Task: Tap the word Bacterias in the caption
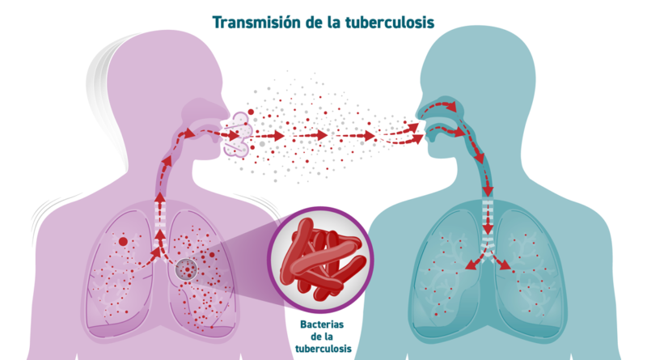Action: [322, 324]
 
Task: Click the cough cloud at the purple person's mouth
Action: [237, 134]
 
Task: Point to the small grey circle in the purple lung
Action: [187, 269]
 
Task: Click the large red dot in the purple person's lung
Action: [123, 242]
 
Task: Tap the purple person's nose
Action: [225, 111]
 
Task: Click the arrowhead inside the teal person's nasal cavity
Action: [452, 107]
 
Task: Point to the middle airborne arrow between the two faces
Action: [311, 134]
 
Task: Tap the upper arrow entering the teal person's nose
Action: [400, 129]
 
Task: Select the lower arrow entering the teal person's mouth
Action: [402, 139]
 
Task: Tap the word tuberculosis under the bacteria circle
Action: [323, 349]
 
